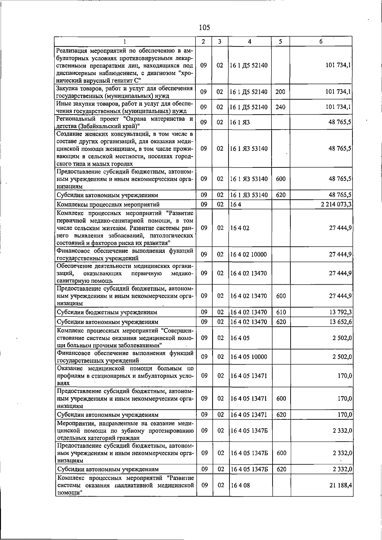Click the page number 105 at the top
(x=204, y=28)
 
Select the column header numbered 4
(x=250, y=41)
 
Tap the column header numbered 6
(x=321, y=41)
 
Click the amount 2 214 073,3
(x=336, y=204)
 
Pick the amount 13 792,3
(x=341, y=312)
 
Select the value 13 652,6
(x=341, y=322)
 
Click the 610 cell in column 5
(x=281, y=312)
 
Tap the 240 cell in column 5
(x=280, y=107)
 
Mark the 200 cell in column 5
(x=280, y=92)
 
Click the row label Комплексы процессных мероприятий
(x=108, y=204)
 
